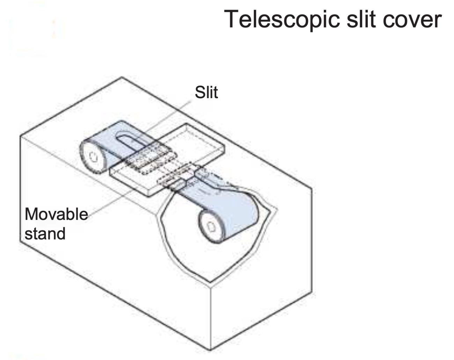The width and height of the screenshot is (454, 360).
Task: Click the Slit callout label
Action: [x=206, y=93]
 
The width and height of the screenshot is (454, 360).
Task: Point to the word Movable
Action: [x=56, y=214]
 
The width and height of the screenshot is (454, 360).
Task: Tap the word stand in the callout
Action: [x=45, y=233]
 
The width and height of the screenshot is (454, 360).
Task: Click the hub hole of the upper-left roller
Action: [x=93, y=157]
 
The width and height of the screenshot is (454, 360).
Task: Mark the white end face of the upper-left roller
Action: [x=93, y=157]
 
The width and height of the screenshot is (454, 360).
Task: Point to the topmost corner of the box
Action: [x=122, y=77]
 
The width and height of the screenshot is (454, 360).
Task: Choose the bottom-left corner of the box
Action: [x=20, y=241]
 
